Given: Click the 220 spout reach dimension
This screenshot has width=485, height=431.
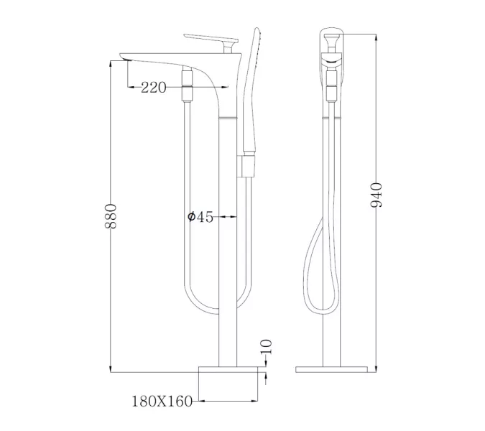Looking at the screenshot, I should pyautogui.click(x=154, y=88).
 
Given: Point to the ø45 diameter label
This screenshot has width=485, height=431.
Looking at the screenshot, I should pyautogui.click(x=200, y=217).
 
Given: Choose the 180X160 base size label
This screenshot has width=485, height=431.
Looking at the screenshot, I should pyautogui.click(x=162, y=401).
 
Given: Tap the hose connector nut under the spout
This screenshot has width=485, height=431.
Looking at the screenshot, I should pyautogui.click(x=188, y=83).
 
